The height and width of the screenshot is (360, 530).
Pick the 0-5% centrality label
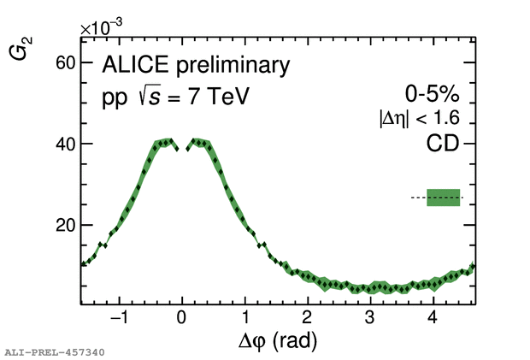coord(433,94)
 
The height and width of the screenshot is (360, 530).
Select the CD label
coord(443,145)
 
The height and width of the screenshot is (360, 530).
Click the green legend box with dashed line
coord(443,198)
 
